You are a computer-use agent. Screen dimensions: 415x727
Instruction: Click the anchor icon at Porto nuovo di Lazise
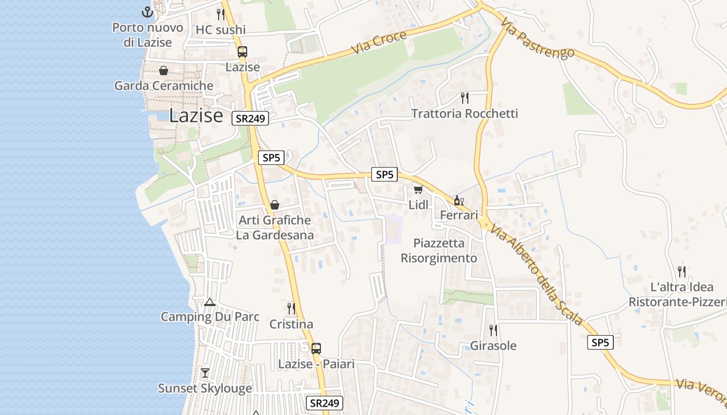[148, 11]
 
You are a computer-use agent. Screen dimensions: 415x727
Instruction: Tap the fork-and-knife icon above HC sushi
[221, 14]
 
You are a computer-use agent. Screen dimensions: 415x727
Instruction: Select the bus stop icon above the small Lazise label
[243, 52]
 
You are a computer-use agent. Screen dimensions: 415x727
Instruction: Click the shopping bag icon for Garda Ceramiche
[164, 71]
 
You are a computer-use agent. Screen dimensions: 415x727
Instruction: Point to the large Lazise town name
[196, 116]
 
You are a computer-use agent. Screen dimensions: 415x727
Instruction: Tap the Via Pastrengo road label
[538, 38]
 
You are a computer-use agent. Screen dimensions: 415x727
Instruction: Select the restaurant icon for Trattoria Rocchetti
[465, 98]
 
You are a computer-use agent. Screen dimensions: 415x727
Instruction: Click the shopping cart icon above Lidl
[418, 190]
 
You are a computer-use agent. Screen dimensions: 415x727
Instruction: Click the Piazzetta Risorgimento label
[439, 251]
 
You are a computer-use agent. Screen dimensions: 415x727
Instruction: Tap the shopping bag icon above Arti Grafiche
[275, 205]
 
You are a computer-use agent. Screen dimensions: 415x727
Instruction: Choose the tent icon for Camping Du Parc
[210, 302]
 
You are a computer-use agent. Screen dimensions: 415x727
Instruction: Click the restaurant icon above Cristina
[291, 309]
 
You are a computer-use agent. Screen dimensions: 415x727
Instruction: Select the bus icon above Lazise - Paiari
[316, 349]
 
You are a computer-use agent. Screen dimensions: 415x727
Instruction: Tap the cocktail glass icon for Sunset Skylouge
[205, 373]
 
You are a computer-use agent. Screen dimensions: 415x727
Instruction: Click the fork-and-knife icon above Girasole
[493, 330]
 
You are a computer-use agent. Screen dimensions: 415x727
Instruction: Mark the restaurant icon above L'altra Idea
[682, 271]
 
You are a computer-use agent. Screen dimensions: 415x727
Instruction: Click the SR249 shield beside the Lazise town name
[250, 118]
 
